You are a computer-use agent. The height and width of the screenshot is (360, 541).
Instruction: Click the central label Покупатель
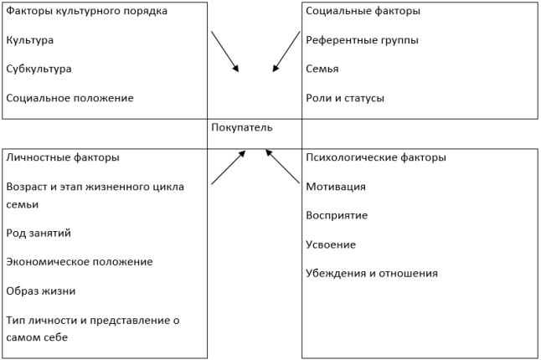coord(241,127)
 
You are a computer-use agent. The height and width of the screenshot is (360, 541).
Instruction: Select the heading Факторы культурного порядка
coord(86,11)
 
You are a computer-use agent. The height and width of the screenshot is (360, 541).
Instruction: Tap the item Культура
coord(29,40)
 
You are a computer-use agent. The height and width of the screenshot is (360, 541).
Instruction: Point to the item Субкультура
coord(39,69)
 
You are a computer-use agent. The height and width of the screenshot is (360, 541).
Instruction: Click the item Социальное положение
coord(70,98)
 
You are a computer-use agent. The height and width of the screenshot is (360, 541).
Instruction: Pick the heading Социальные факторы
coord(363,11)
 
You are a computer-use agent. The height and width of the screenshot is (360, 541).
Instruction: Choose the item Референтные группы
coord(362,40)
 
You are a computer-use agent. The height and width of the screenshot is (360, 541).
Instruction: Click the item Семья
coord(322,69)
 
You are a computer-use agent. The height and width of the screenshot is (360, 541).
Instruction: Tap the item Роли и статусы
coord(345,98)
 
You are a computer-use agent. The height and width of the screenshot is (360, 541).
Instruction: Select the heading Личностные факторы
coord(63,157)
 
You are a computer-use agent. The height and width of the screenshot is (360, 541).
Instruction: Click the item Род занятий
coord(39,233)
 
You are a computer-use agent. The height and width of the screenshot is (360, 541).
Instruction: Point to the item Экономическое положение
coord(80,262)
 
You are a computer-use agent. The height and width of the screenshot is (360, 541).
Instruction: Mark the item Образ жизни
coord(41,291)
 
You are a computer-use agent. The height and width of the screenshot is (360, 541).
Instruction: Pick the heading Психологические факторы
coord(376,157)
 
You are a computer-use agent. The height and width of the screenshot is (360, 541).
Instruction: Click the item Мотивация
coord(336,187)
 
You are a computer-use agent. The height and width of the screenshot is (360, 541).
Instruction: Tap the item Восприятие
coord(337,215)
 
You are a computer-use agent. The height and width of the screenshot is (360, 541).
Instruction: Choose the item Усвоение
coord(331,244)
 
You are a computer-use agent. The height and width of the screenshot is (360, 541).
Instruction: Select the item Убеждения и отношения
coord(372,274)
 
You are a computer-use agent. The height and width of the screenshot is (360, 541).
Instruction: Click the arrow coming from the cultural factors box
coord(225,52)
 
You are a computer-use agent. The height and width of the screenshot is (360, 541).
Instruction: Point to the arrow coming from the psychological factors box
coord(282,167)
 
